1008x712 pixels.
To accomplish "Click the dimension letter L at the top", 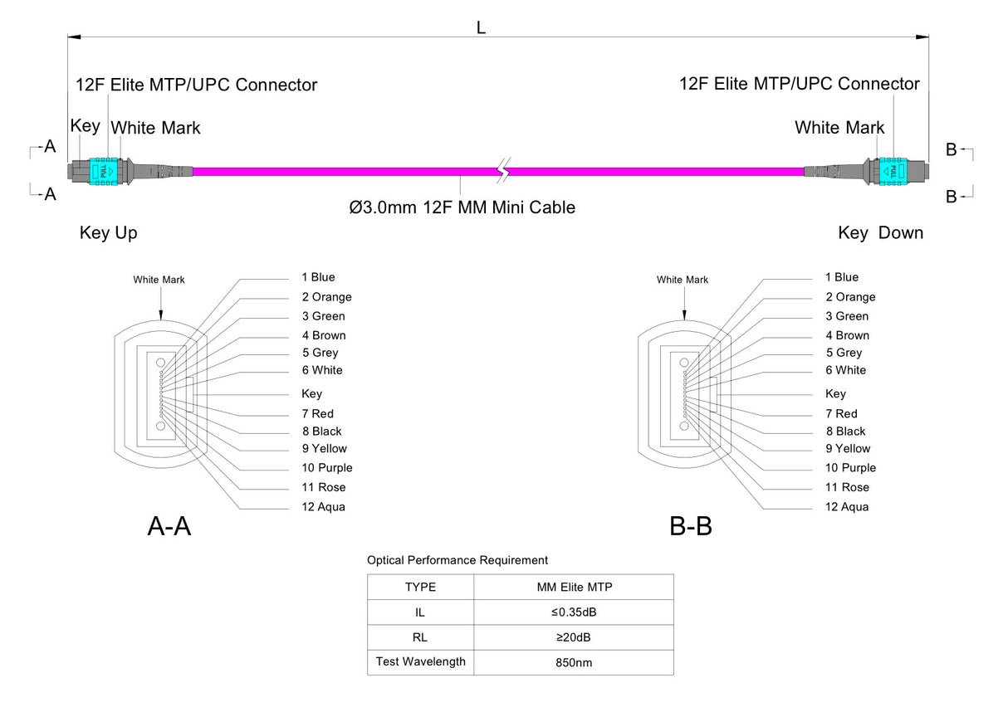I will [481, 27].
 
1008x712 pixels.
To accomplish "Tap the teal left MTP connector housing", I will [102, 169].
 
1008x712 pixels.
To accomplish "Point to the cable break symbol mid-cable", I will [502, 171].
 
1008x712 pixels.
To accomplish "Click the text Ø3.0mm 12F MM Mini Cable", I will [462, 207].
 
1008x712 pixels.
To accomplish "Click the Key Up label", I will [109, 233].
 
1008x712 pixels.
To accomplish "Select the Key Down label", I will [880, 233].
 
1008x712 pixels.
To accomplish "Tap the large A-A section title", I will [169, 525].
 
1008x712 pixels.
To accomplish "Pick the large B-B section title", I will [691, 525].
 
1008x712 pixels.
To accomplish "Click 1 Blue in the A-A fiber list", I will [318, 277].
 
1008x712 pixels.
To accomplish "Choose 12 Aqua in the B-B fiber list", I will [846, 507].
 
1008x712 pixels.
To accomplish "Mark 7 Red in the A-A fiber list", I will [317, 413].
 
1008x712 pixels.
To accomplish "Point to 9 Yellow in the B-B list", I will [848, 449].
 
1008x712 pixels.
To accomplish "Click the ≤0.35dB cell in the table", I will [574, 612].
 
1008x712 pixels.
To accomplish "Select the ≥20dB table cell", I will [574, 637].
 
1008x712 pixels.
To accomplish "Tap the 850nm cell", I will [574, 663].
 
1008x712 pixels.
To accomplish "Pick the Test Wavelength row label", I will [420, 662].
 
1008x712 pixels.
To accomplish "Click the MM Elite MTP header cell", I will [574, 588].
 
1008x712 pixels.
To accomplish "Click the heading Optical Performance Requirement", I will [458, 561].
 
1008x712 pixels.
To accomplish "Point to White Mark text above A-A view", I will [159, 280].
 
